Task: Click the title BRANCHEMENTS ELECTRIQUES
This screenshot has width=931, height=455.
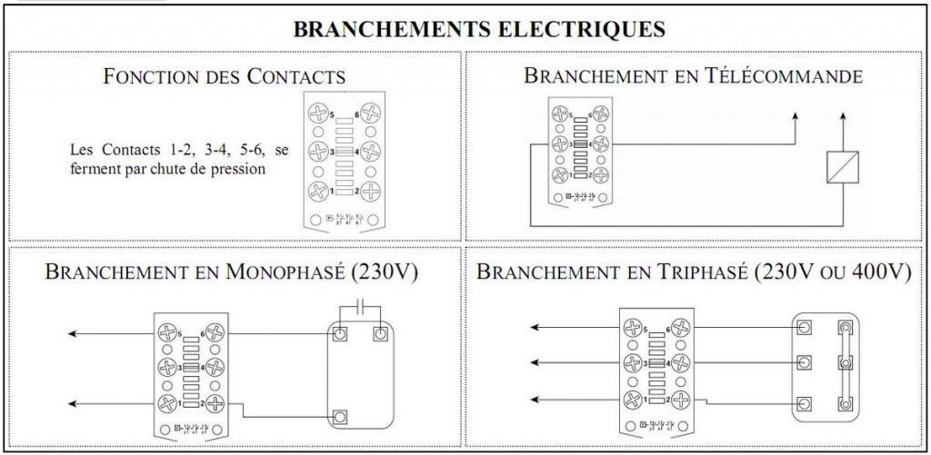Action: point(479,29)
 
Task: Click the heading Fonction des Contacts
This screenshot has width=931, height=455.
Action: point(225,76)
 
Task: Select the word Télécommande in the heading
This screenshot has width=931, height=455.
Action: point(784,76)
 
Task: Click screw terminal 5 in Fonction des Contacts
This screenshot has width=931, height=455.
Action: point(317,114)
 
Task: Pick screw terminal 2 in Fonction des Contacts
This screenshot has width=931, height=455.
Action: point(369,192)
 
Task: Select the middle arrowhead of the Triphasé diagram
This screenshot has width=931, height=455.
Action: point(535,364)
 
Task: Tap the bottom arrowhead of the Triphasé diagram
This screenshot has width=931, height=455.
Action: point(535,401)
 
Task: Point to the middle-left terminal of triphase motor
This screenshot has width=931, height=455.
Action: point(804,364)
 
